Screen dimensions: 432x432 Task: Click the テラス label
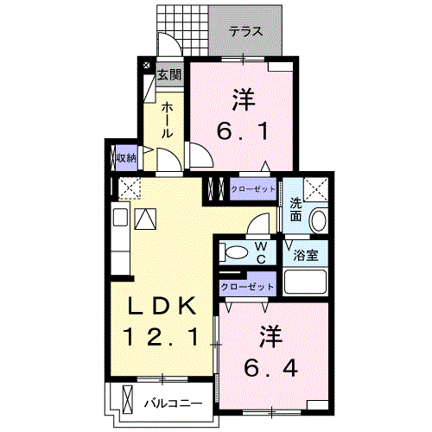coord(246,32)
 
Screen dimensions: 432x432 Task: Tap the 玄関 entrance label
coord(168,75)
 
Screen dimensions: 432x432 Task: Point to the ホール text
coord(168,120)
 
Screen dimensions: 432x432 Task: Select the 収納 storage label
coord(125,157)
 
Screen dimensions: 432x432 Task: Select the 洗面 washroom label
coord(295,210)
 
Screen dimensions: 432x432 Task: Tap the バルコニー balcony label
coord(173,403)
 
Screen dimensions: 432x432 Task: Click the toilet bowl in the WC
coord(233,252)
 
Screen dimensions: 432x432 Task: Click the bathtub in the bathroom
coord(304,283)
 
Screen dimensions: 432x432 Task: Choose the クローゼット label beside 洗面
coord(252,188)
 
